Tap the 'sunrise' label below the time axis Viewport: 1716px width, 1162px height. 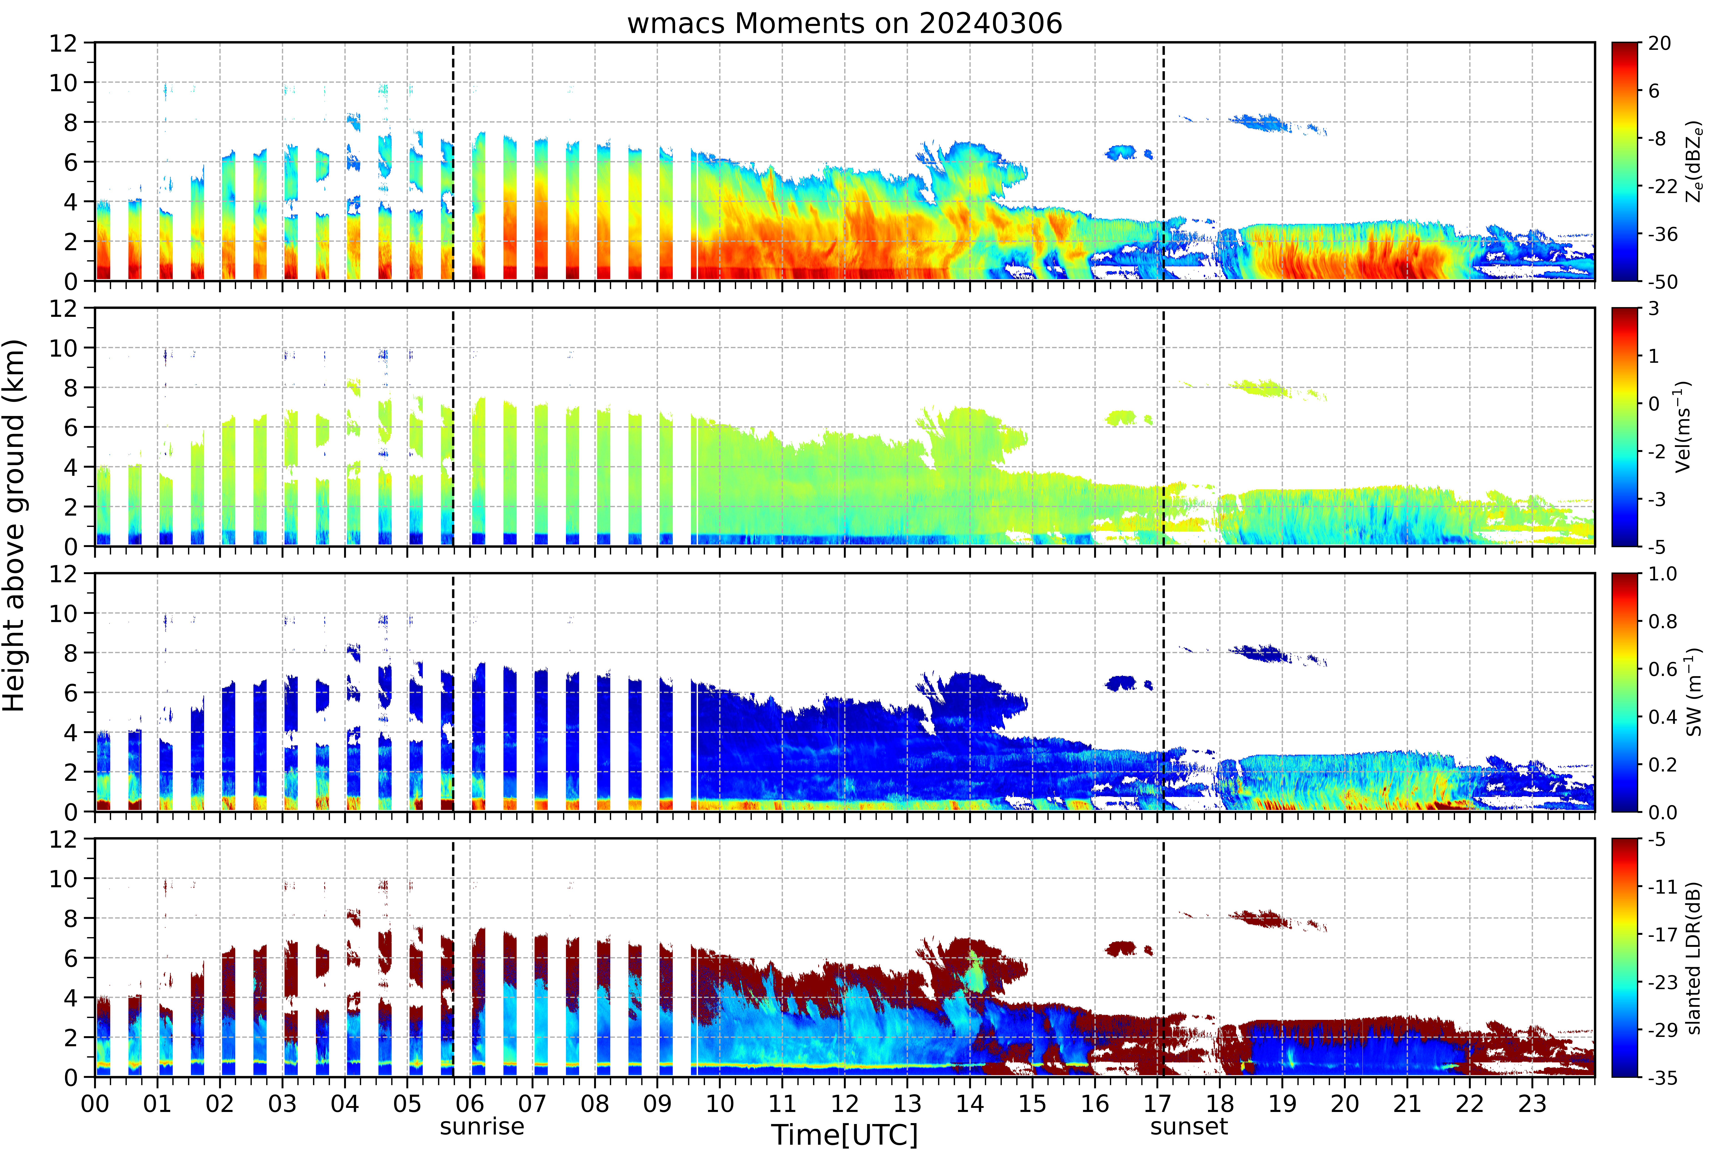coord(482,1127)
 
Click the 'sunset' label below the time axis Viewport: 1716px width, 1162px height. coord(1189,1127)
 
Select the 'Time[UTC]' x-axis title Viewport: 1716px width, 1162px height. coord(845,1135)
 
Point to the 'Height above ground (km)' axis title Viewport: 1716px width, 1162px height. coord(14,525)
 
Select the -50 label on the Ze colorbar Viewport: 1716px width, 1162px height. coord(1660,281)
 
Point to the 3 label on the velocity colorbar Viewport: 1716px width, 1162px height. coord(1654,309)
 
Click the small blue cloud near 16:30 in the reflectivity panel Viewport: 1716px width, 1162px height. coord(1122,152)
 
